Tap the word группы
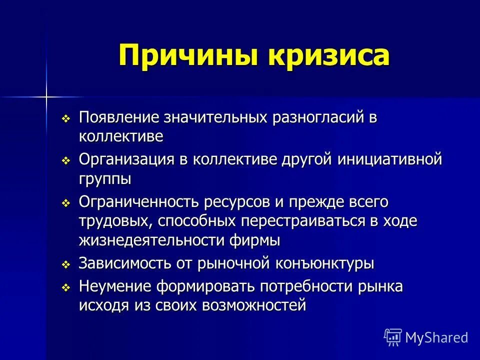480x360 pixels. tap(105, 178)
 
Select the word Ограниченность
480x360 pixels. tap(138, 202)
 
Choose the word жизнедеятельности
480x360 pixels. tap(164, 239)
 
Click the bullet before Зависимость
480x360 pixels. tap(65, 264)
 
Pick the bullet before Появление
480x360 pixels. tap(65, 119)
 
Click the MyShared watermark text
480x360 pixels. tap(436, 337)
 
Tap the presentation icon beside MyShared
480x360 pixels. tap(393, 337)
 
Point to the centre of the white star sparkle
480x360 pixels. tap(46, 95)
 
